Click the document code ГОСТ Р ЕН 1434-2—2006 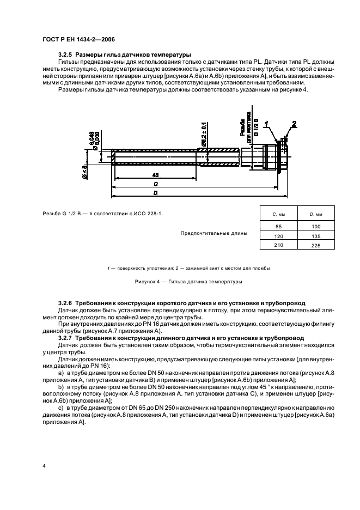[78, 39]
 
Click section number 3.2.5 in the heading [65, 54]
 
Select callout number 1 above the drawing [267, 125]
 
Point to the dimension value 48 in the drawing [155, 175]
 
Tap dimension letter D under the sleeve [155, 193]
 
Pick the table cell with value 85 [279, 226]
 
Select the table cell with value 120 [279, 236]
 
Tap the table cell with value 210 [279, 246]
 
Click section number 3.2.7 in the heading [65, 338]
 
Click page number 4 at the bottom [44, 467]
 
